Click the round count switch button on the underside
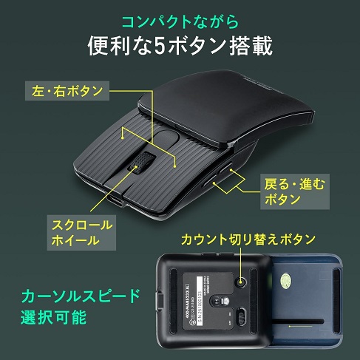[241, 283]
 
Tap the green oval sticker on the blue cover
[286, 279]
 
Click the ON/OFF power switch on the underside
[240, 316]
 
